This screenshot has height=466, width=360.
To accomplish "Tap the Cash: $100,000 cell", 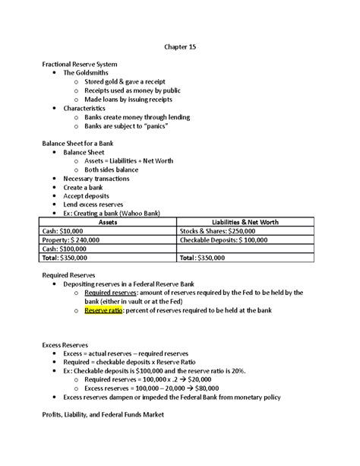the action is pyautogui.click(x=61, y=249).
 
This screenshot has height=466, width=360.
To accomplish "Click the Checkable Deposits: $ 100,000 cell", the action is pyautogui.click(x=229, y=239).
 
